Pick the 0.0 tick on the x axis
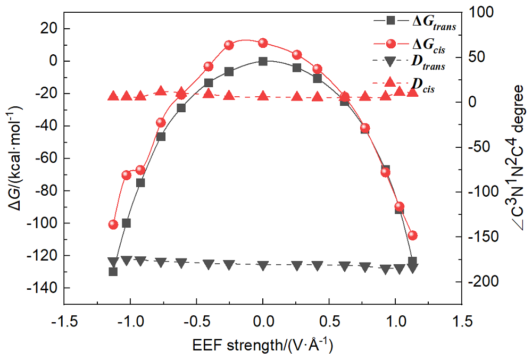click(x=263, y=321)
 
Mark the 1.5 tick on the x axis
click(x=462, y=321)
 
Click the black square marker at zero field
click(x=263, y=61)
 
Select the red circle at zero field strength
click(x=263, y=43)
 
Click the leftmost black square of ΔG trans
click(x=113, y=271)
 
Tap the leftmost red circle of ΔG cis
click(x=113, y=224)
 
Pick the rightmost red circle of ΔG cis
click(x=412, y=235)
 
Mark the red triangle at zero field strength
click(x=263, y=96)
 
